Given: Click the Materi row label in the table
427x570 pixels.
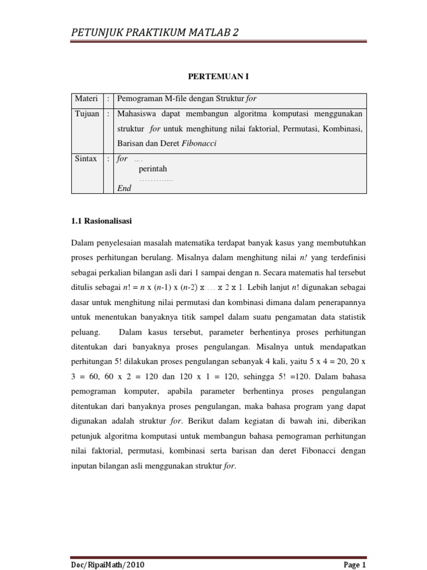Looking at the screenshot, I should point(86,99).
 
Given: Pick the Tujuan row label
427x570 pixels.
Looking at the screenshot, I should point(87,114).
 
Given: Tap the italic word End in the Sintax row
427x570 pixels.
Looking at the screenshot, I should point(124,189).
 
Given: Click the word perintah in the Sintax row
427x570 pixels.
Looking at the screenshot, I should point(153,169).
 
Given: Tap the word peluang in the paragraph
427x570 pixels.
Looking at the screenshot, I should point(86,332).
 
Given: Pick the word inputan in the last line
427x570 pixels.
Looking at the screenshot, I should point(86,466).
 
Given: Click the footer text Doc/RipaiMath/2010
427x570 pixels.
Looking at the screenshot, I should point(108,564).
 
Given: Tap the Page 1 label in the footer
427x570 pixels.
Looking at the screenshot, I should point(355,564).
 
